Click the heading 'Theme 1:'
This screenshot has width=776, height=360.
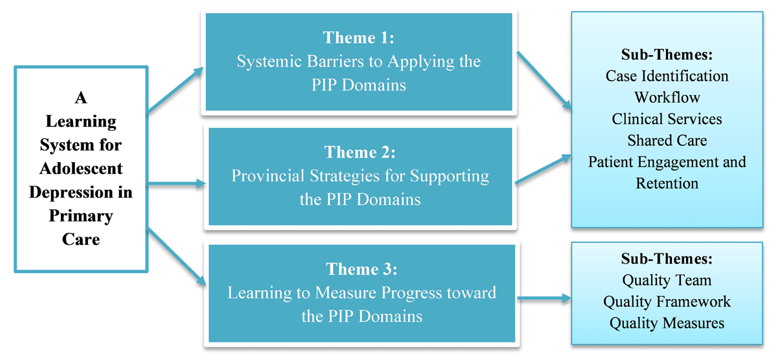pyautogui.click(x=358, y=37)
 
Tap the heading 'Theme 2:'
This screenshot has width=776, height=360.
pyautogui.click(x=360, y=153)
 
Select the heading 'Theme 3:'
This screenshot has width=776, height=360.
pyautogui.click(x=361, y=270)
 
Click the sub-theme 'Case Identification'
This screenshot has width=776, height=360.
pyautogui.click(x=667, y=76)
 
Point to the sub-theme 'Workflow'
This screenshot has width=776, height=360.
pyautogui.click(x=667, y=98)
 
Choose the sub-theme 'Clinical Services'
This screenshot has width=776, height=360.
pyautogui.click(x=667, y=119)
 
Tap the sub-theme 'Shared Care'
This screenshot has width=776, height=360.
pyautogui.click(x=667, y=140)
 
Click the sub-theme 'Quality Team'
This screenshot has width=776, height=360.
pyautogui.click(x=667, y=280)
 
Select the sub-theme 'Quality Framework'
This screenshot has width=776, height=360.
pyautogui.click(x=667, y=301)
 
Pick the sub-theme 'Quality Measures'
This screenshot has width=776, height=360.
pyautogui.click(x=667, y=323)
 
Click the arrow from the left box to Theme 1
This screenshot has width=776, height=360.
pyautogui.click(x=176, y=90)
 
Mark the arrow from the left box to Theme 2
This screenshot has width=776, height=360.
pyautogui.click(x=177, y=184)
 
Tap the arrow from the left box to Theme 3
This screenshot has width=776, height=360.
pyautogui.click(x=177, y=257)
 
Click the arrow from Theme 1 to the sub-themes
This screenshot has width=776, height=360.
pyautogui.click(x=544, y=81)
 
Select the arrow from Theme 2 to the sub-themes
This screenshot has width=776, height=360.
pyautogui.click(x=543, y=169)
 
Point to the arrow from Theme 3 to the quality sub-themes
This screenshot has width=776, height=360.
pyautogui.click(x=544, y=298)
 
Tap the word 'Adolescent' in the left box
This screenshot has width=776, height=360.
pyautogui.click(x=81, y=169)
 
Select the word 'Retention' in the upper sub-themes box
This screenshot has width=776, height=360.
pyautogui.click(x=667, y=184)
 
